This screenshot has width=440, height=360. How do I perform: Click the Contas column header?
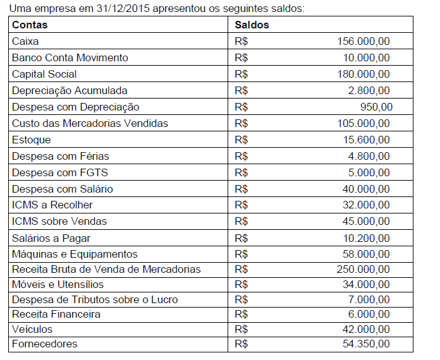pos(30,25)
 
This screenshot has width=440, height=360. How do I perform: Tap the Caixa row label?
pos(25,42)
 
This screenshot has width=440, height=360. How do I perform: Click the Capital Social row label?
pos(44,74)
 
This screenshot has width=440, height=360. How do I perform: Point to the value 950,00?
pos(376,107)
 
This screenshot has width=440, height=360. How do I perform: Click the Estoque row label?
pos(31,140)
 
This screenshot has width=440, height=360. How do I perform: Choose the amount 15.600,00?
pos(366,140)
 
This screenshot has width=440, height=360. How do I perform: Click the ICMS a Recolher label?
pos(52,205)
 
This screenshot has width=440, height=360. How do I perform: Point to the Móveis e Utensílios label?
pos(58,285)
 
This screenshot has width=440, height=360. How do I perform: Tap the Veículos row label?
pos(32,330)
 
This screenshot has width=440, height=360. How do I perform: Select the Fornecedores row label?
pos(44,344)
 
